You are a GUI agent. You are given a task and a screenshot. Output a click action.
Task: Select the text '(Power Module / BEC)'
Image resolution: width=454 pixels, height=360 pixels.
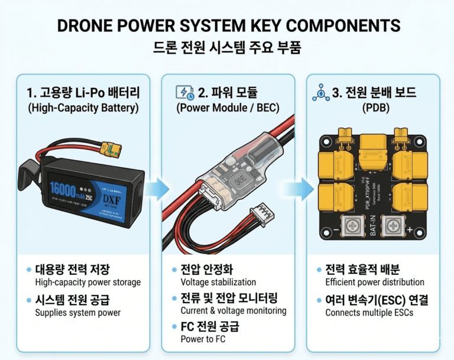point(228,108)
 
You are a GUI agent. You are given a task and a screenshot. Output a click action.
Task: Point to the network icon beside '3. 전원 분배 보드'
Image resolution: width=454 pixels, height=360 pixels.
point(319,92)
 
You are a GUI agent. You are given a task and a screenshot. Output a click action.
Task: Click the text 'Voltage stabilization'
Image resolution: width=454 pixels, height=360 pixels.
point(218,282)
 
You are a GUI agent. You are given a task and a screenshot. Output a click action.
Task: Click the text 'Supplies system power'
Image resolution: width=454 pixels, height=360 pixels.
point(78,312)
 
